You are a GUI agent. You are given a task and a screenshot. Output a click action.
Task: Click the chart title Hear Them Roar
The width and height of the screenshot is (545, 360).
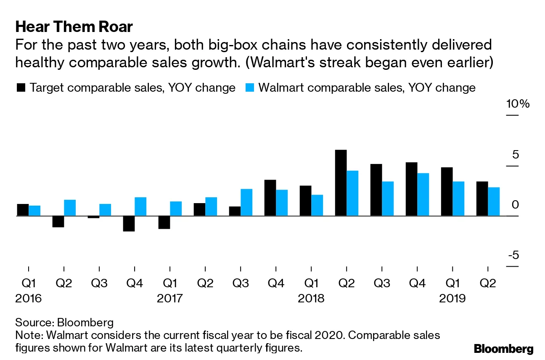click(74, 27)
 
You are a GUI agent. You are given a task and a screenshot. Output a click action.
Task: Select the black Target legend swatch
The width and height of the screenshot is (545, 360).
click(21, 88)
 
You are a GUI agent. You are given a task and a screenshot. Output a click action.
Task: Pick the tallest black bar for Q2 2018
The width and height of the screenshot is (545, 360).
click(341, 183)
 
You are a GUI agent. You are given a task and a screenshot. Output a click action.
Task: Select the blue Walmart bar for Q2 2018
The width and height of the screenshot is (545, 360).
click(352, 193)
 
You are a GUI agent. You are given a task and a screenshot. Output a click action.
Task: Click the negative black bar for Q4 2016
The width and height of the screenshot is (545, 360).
click(129, 223)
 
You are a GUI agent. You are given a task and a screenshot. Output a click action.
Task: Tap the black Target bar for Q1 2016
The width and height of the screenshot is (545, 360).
click(23, 210)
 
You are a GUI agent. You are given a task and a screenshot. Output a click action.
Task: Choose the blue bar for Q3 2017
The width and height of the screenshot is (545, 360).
click(246, 202)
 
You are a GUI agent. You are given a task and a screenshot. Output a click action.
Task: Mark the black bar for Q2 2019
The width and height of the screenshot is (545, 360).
click(482, 199)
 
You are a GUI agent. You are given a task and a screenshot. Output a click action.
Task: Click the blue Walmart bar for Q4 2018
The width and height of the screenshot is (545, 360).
click(423, 194)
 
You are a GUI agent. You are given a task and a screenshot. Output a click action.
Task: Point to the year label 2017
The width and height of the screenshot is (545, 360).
click(169, 299)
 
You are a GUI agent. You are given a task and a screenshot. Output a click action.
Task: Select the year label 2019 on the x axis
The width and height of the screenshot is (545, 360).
click(452, 299)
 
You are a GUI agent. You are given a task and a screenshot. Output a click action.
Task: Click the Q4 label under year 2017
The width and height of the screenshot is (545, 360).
click(275, 283)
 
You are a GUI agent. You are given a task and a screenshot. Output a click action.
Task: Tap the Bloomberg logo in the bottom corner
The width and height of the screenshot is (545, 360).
click(503, 349)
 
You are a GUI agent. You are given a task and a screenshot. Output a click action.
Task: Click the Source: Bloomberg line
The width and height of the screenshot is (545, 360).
click(64, 323)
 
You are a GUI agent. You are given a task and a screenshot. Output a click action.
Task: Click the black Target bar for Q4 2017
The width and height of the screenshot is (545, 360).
click(270, 198)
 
